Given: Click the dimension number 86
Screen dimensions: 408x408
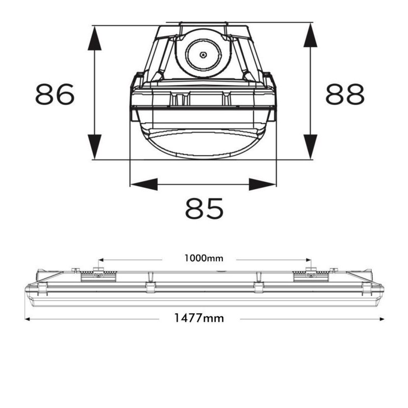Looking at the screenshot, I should (55, 94).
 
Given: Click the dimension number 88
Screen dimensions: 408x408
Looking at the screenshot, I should (345, 94).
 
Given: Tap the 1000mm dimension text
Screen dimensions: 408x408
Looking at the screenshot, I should (204, 258).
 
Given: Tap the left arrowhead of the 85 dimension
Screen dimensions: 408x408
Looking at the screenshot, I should (143, 184).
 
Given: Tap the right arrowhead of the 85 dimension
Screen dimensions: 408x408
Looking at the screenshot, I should (263, 184).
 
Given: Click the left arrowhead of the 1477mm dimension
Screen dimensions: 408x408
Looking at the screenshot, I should (28, 319).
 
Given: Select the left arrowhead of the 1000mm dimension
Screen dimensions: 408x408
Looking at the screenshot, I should (100, 258).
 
